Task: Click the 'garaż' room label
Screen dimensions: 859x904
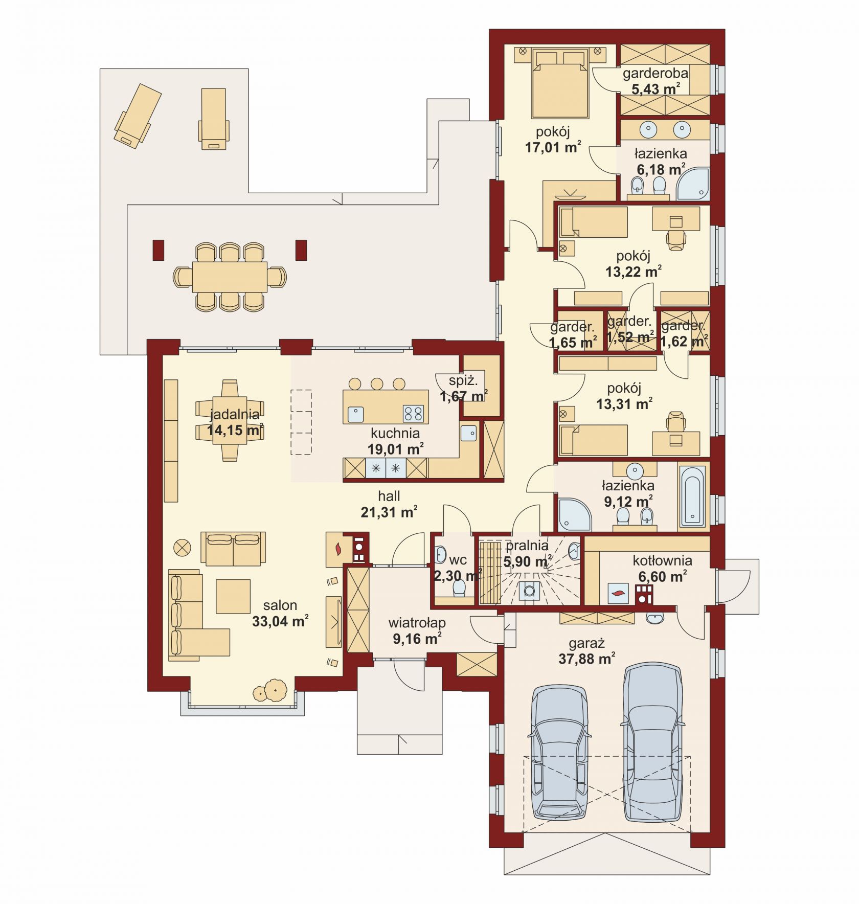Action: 586,643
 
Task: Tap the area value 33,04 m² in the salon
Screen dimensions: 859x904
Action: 280,621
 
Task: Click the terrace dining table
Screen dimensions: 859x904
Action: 230,277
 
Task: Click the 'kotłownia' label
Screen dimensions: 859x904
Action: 662,560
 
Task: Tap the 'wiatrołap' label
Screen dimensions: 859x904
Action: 417,623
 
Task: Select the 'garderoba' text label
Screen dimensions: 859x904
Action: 655,73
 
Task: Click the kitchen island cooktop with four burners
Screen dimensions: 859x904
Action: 413,413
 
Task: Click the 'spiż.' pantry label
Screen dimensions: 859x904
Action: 463,380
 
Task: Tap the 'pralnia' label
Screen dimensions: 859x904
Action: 527,545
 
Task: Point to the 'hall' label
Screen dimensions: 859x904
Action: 389,495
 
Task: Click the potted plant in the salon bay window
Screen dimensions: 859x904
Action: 269,690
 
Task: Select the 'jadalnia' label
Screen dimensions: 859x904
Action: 235,414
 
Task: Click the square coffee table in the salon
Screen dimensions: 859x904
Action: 233,596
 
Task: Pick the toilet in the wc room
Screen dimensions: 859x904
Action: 459,588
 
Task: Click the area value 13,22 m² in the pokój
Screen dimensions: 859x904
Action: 634,272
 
